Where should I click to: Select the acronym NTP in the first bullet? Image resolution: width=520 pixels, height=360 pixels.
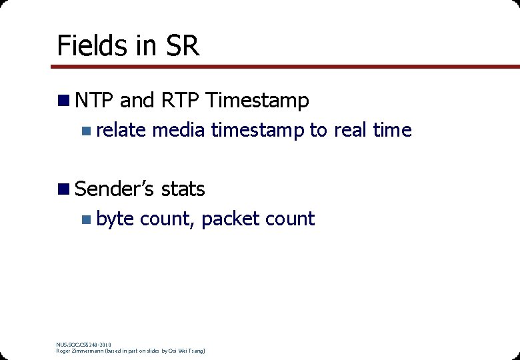point(95,101)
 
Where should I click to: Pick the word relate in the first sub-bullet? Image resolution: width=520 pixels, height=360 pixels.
point(121,130)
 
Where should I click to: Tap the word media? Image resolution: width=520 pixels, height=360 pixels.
point(179,130)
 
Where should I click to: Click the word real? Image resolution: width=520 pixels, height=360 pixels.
point(351,130)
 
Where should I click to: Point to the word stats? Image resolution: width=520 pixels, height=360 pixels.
point(183,189)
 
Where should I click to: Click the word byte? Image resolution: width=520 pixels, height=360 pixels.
point(115,219)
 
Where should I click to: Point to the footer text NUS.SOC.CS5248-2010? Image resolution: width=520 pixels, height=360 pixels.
point(83,344)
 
